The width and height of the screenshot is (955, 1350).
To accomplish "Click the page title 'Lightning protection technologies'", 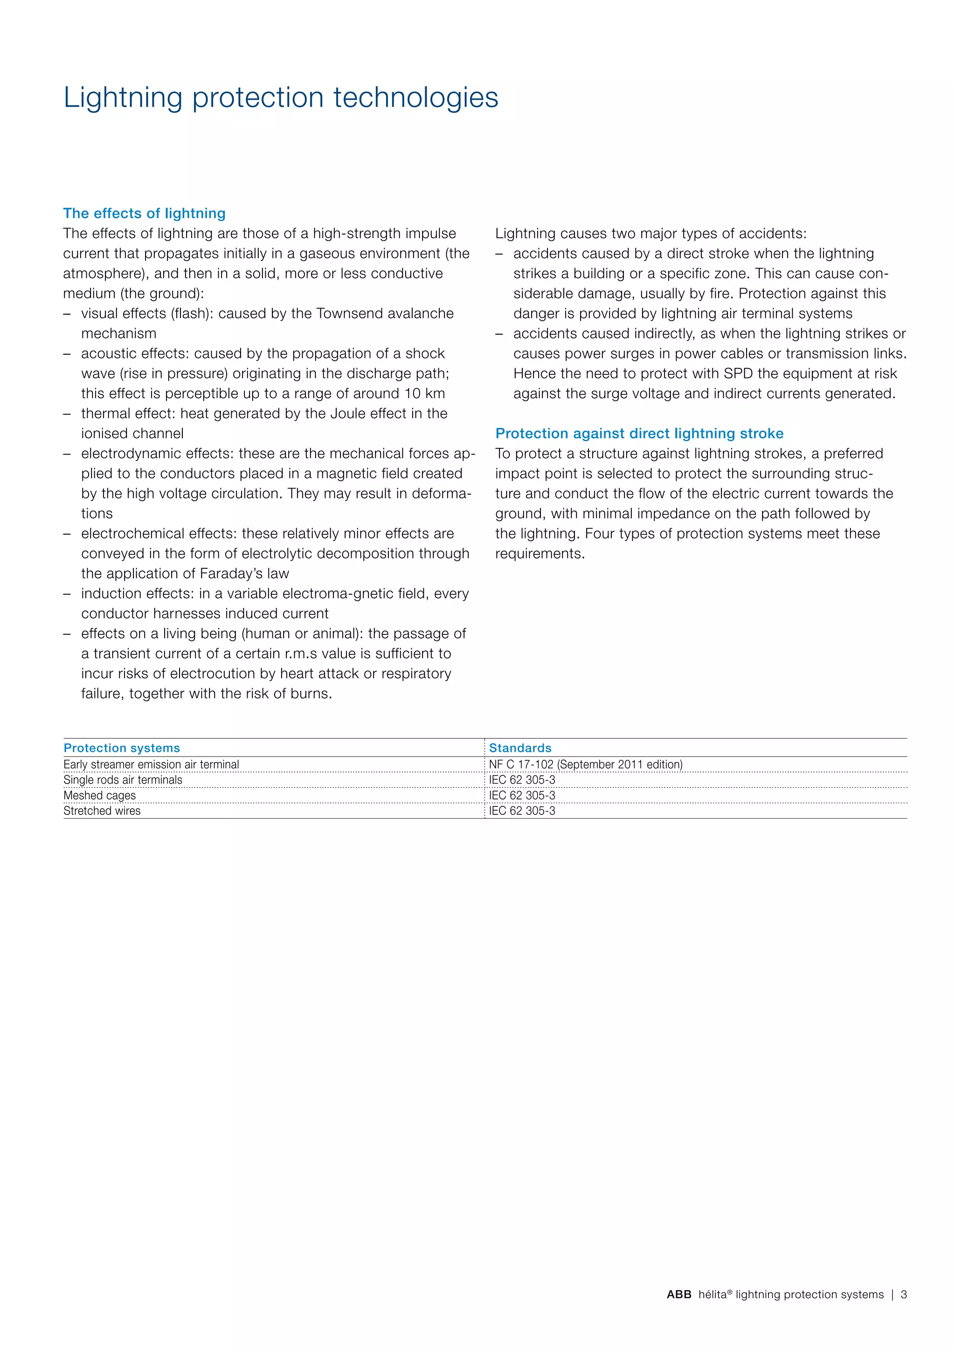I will point(281,97).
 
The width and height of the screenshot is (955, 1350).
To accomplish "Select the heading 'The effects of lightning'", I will point(144,214).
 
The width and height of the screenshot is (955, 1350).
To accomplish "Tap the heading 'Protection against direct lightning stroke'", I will point(639,434).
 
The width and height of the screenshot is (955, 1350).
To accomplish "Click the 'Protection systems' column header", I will point(122,748).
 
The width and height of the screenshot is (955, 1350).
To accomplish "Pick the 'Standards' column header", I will point(520,748).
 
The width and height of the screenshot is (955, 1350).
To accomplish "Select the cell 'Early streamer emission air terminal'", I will point(151,765).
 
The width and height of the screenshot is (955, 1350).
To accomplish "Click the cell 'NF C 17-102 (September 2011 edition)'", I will point(586,765).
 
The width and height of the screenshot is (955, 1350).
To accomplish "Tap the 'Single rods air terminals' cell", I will point(123,780).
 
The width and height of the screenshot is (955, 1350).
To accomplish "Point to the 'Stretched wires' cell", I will point(102,811).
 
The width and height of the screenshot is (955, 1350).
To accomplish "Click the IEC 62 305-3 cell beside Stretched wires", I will point(522,811).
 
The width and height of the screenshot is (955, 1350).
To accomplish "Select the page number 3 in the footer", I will point(904,1294).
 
